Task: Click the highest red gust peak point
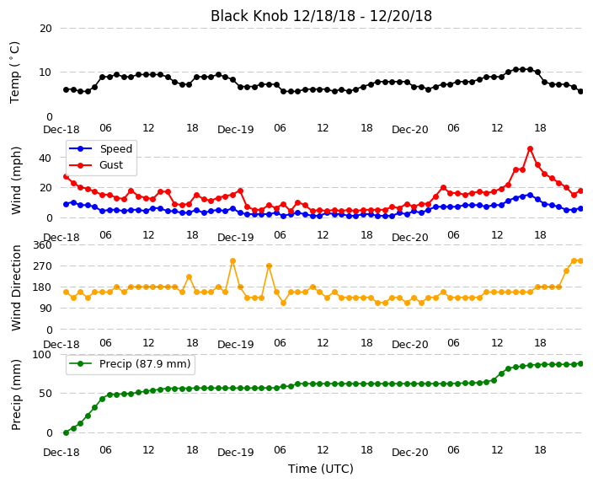point(530,149)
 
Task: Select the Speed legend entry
point(100,148)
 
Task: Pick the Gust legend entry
point(96,165)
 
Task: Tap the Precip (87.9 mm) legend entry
point(130,364)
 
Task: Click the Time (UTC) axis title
point(321,469)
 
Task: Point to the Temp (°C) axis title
point(15,72)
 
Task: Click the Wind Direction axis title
point(16,287)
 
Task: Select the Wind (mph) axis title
point(16,180)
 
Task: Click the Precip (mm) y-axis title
point(16,394)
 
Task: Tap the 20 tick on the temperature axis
point(45,29)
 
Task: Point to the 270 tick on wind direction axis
point(42,266)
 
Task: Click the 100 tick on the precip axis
point(42,355)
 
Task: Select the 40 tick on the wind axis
point(45,158)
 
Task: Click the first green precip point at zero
point(67,432)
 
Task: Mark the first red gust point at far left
point(67,177)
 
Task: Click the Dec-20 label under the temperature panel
point(410,130)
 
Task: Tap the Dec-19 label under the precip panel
point(236,453)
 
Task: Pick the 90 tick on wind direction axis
point(45,309)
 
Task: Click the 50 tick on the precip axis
point(45,394)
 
